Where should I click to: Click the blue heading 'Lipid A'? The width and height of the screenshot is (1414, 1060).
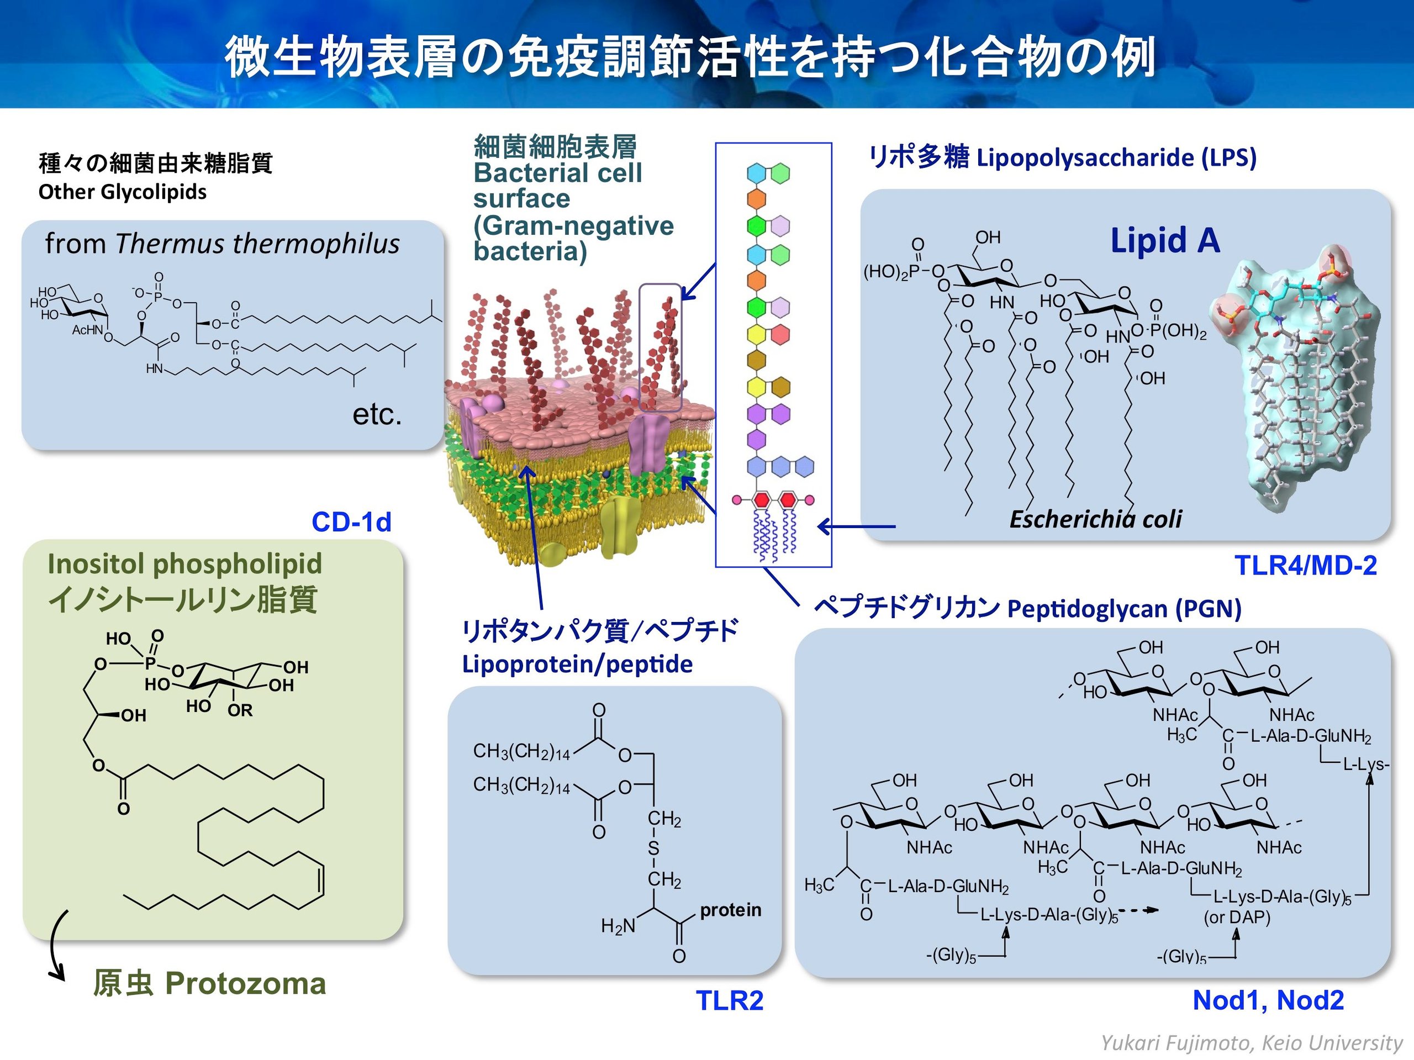(x=1165, y=240)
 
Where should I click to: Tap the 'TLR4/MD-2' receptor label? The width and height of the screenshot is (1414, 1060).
(x=1306, y=565)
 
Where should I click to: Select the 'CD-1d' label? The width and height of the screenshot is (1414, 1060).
(x=351, y=521)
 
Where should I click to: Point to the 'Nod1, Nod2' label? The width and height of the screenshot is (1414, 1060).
(x=1268, y=1000)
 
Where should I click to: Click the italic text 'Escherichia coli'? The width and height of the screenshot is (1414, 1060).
(x=1096, y=519)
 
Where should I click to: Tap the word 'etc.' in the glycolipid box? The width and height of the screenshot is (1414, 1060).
(x=377, y=414)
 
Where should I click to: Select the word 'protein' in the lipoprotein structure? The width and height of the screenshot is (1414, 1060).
(x=731, y=910)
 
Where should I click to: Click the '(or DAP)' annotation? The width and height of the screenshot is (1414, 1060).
(x=1237, y=917)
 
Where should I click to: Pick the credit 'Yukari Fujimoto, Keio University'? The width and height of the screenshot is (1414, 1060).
(x=1252, y=1043)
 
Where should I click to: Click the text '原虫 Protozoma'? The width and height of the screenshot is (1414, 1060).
(x=210, y=983)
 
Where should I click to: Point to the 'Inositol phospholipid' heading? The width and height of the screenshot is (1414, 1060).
(x=184, y=564)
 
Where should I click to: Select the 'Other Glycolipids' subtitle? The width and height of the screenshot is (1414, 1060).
(x=123, y=192)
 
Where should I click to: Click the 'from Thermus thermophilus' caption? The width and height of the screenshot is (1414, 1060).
(x=223, y=244)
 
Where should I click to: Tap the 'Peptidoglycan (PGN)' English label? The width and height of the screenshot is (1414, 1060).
(x=1125, y=609)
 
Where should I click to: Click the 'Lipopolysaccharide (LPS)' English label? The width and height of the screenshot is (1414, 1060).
(x=1117, y=158)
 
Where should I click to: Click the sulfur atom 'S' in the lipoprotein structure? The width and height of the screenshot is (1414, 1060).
(x=653, y=848)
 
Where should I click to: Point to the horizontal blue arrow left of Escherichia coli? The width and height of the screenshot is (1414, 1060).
(x=857, y=527)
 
